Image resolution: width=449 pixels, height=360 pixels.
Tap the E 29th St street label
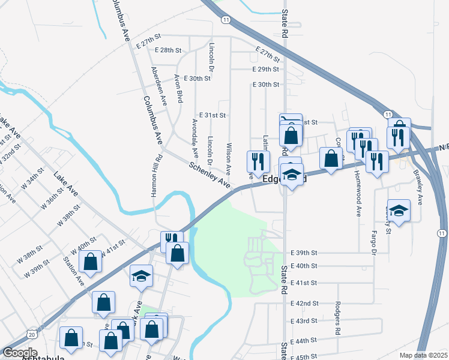(266, 70)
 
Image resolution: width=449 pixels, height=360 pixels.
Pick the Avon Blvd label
(178, 89)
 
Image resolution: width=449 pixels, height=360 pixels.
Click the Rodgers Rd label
(338, 318)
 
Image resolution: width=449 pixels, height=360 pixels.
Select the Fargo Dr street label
(373, 241)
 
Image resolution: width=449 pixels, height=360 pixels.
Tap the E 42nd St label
(304, 304)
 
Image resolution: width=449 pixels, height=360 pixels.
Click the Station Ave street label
(74, 271)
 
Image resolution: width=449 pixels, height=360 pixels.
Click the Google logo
(20, 353)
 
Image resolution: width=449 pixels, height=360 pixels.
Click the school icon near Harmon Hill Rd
(142, 275)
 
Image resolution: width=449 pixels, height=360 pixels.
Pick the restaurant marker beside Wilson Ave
(256, 161)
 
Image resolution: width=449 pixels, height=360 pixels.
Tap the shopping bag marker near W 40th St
(90, 262)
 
